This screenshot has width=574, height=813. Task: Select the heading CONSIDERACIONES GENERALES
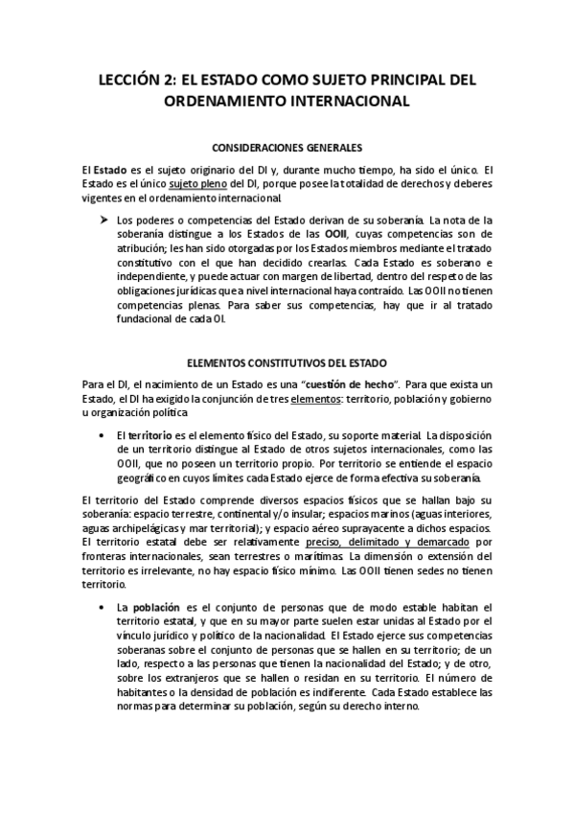[287, 148]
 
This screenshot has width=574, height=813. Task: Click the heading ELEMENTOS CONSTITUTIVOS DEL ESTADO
[287, 363]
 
